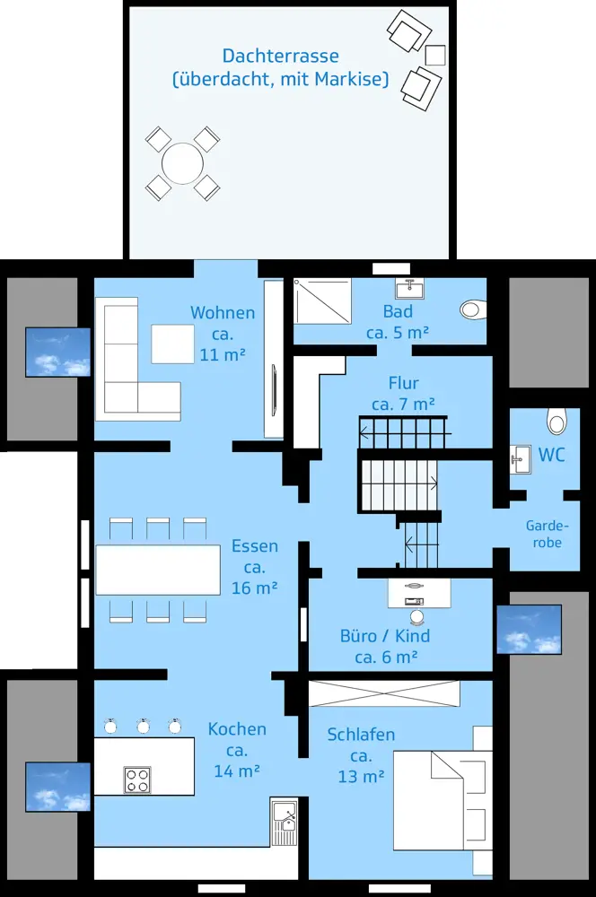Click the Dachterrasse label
tap(281, 56)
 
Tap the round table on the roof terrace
tap(182, 163)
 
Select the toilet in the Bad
tap(473, 309)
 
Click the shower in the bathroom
tap(322, 300)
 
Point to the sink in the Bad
tap(409, 289)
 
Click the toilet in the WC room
tap(557, 421)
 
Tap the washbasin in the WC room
tap(520, 459)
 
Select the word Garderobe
tap(548, 534)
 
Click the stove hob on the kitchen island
tap(137, 779)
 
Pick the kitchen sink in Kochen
tap(285, 823)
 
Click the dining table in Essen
tap(158, 570)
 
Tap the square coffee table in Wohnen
tap(173, 344)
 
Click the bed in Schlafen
tap(442, 800)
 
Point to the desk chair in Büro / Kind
tap(416, 617)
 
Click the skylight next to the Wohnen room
tap(57, 352)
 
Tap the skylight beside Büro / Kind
tap(529, 630)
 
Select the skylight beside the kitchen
tap(57, 787)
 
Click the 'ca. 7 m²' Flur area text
tap(403, 404)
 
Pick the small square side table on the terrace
tap(435, 55)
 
